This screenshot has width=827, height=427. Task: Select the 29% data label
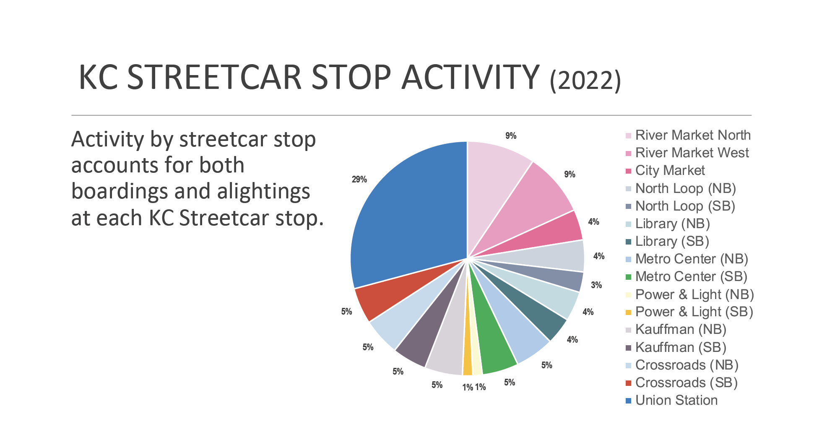tap(359, 180)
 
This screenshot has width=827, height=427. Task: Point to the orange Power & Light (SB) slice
tap(467, 361)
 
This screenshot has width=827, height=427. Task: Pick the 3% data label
tap(596, 285)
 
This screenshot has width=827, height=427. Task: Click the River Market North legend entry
tap(688, 135)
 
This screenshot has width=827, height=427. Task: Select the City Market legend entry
tap(665, 170)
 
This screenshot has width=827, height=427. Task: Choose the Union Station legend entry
tap(671, 400)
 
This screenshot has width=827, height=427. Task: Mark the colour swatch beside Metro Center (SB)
tap(628, 277)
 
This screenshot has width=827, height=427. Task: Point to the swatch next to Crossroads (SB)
tap(628, 383)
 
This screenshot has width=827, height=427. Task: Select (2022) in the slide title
tap(585, 80)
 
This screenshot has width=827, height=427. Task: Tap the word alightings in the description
tap(263, 192)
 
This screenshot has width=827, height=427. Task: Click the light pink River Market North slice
tap(495, 176)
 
